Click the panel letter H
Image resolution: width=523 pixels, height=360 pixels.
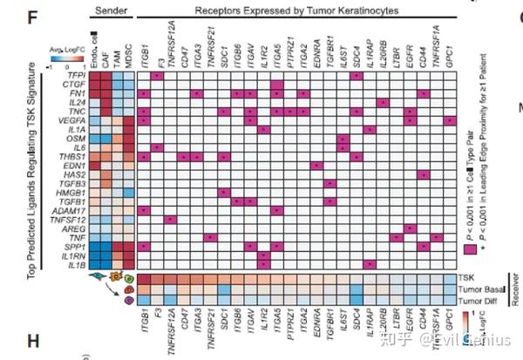tap(10, 336)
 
